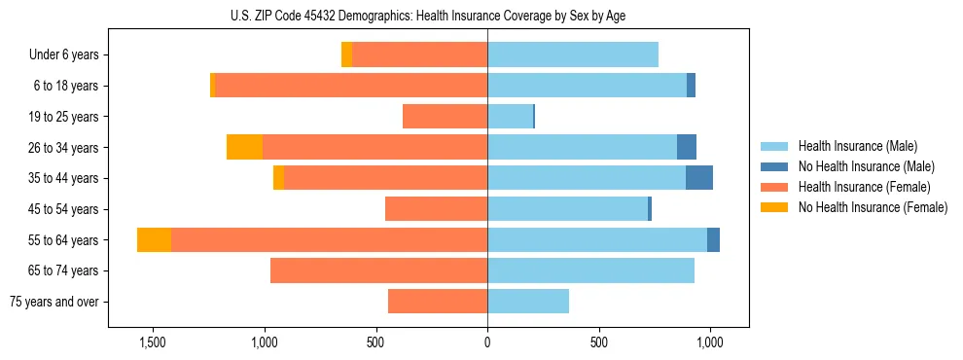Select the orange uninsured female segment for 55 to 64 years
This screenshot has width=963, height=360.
[154, 239]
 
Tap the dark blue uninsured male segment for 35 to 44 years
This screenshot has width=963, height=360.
[698, 178]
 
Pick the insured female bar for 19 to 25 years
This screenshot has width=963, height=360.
[445, 117]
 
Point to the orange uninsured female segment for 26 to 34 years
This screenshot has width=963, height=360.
[244, 147]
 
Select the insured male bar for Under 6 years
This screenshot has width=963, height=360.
[573, 54]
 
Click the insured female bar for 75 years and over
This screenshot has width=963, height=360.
[438, 302]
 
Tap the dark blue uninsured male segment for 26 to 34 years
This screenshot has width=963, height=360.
[687, 147]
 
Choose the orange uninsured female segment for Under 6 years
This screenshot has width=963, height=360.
[346, 54]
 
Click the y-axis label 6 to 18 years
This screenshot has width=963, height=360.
[66, 86]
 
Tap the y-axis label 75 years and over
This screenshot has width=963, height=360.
[54, 302]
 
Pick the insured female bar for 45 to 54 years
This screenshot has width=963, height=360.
[436, 209]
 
